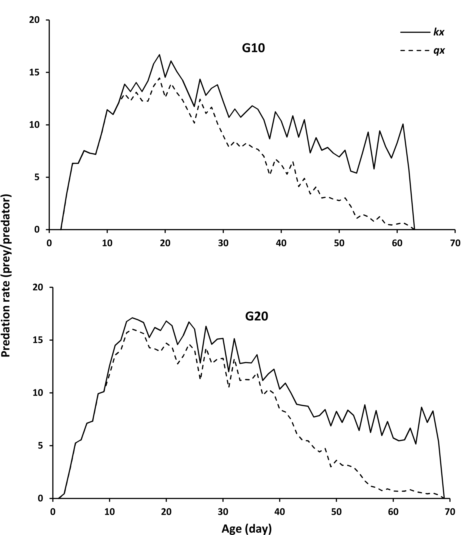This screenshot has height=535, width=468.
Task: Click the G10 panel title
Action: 253,49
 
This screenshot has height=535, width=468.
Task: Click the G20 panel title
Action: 257,316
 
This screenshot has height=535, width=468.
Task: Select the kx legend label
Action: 439,33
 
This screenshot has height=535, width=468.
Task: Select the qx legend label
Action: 439,51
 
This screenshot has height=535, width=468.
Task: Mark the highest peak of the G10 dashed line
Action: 159,78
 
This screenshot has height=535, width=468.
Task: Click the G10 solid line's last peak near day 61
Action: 403,124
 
